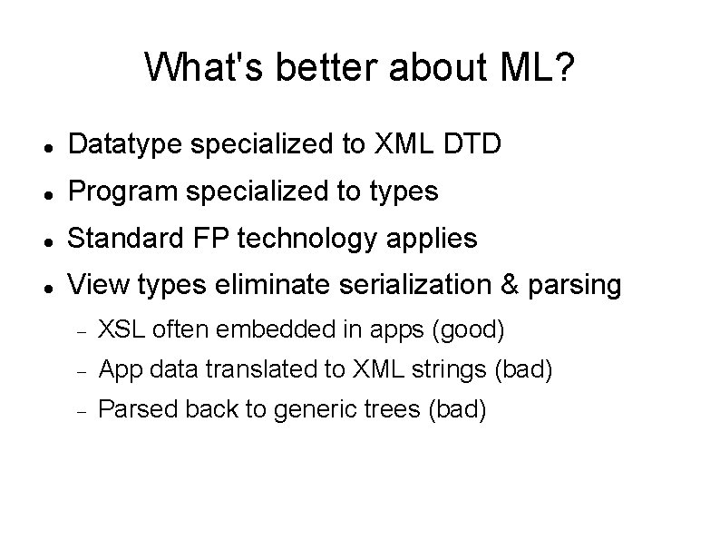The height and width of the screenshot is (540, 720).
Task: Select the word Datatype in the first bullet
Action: click(x=120, y=144)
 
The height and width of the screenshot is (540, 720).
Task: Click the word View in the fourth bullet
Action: click(x=96, y=286)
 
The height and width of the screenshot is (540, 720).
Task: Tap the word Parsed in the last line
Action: click(x=127, y=410)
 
